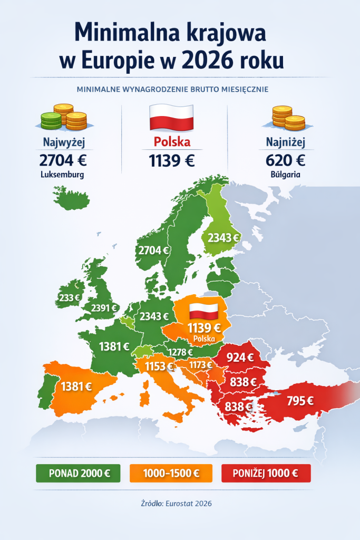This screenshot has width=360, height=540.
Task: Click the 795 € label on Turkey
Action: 299,400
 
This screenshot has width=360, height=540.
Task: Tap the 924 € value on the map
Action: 240,358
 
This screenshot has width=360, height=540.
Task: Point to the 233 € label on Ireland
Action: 69,298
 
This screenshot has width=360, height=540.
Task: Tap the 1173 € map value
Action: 201,364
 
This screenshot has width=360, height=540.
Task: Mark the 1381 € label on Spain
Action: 76,387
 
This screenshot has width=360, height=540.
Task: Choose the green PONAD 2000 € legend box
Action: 78,473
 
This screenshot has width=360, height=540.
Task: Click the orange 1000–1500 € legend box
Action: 171,473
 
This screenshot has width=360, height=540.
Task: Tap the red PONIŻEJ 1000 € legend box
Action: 266,473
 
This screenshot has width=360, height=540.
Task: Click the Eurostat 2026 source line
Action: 179,504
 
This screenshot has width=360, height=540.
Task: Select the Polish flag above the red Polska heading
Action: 171,117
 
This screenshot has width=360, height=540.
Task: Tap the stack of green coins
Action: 51,121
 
